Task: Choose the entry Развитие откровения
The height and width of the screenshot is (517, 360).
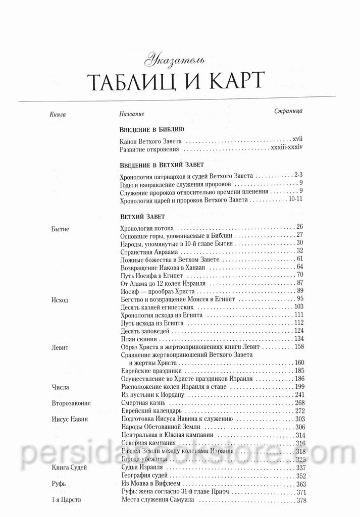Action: [x=150, y=149]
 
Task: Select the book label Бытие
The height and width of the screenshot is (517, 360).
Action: [x=61, y=229]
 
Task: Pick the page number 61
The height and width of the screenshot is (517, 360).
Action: [x=299, y=259]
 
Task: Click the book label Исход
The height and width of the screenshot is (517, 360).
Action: [x=60, y=300]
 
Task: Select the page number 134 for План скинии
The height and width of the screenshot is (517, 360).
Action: [x=298, y=338]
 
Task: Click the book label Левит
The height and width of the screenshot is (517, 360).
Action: [x=60, y=347]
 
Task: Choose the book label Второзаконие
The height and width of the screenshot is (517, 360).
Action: [x=71, y=403]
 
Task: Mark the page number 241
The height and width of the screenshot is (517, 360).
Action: [x=298, y=394]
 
